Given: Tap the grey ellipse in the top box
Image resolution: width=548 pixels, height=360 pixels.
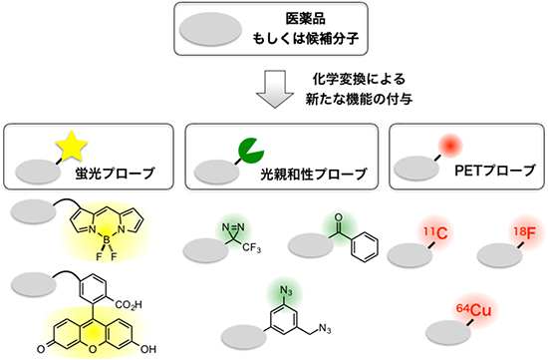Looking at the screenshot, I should click(x=210, y=32).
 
